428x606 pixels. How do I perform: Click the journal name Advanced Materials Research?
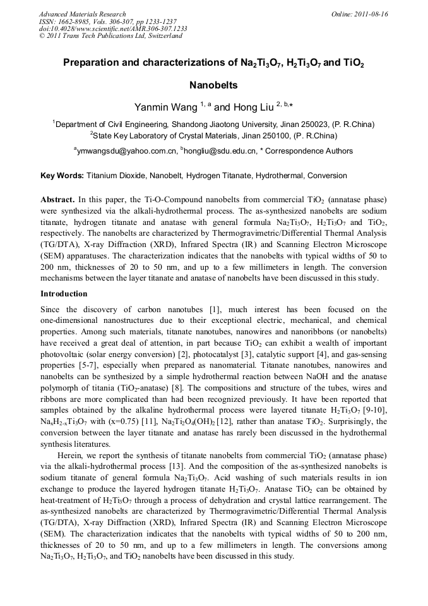coord(82,14)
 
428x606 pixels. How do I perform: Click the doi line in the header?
coord(113,28)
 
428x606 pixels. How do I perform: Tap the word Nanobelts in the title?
coord(213,85)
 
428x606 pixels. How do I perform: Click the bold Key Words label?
coord(62,176)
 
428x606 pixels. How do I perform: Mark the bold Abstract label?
coord(57,199)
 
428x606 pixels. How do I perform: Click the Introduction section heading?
coord(64,294)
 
